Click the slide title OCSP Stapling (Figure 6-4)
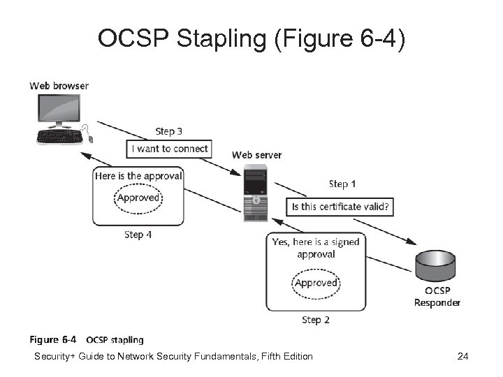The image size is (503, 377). pyautogui.click(x=251, y=40)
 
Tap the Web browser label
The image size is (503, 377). pyautogui.click(x=59, y=86)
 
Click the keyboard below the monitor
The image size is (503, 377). pyautogui.click(x=59, y=136)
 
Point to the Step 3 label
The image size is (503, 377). pyautogui.click(x=169, y=131)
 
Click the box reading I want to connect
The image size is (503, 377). pyautogui.click(x=171, y=148)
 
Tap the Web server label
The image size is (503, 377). pyautogui.click(x=256, y=154)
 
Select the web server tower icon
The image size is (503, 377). pyautogui.click(x=255, y=193)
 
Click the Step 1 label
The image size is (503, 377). pyautogui.click(x=342, y=184)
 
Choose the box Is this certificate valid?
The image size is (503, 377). pyautogui.click(x=340, y=207)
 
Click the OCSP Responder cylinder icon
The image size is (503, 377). pyautogui.click(x=435, y=267)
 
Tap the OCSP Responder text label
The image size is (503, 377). pyautogui.click(x=437, y=297)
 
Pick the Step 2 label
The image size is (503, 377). pyautogui.click(x=316, y=320)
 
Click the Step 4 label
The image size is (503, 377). pyautogui.click(x=138, y=235)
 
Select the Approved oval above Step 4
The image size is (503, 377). pyautogui.click(x=138, y=198)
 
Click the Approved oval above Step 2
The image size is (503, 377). pyautogui.click(x=316, y=283)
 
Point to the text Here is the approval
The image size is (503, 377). pyautogui.click(x=138, y=176)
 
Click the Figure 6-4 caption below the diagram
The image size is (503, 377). pyautogui.click(x=87, y=340)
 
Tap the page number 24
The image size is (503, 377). pyautogui.click(x=462, y=357)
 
